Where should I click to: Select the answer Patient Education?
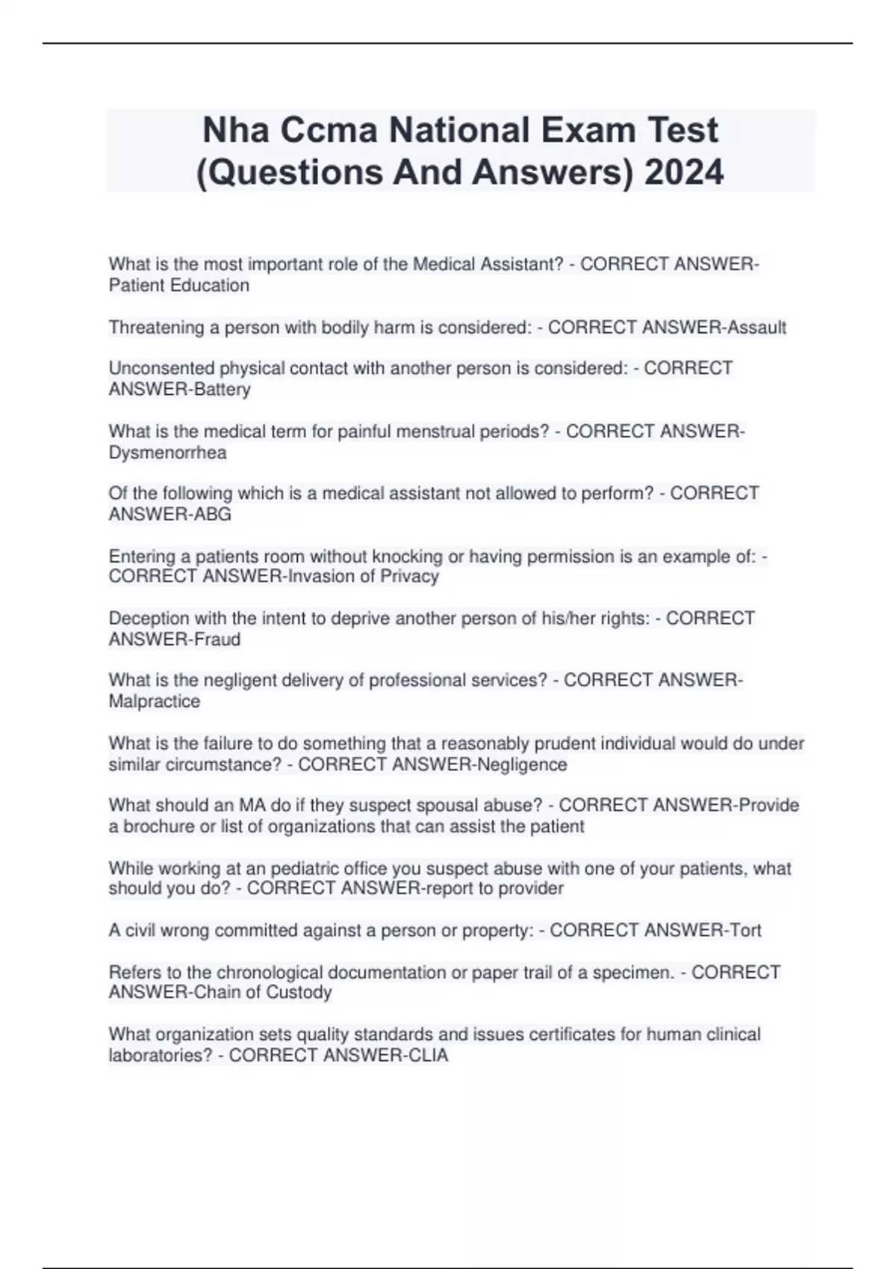179,285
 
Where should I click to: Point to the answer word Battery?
222,389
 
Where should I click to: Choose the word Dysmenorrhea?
167,452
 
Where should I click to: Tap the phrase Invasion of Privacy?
364,576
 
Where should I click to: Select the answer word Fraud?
217,639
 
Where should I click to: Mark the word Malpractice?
155,701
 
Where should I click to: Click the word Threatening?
154,327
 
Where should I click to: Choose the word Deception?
148,618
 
